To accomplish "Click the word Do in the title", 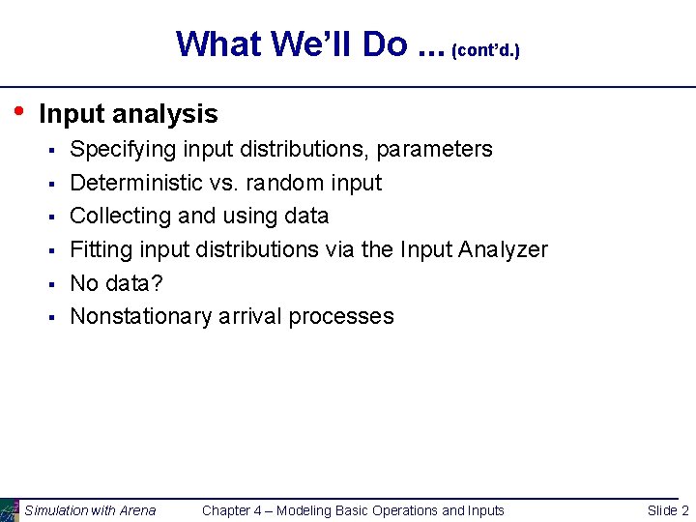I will pyautogui.click(x=383, y=43).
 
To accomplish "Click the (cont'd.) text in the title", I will pyautogui.click(x=486, y=49).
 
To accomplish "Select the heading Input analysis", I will pyautogui.click(x=128, y=114).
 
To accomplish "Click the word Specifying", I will pyautogui.click(x=123, y=150).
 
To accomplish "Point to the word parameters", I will pyautogui.click(x=434, y=150).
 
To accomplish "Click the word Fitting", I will pyautogui.click(x=101, y=249).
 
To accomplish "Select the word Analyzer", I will pyautogui.click(x=503, y=249).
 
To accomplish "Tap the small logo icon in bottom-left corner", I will pyautogui.click(x=9, y=509).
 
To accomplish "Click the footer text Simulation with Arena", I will pyautogui.click(x=90, y=510).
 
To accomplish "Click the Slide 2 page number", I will pyautogui.click(x=668, y=510).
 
